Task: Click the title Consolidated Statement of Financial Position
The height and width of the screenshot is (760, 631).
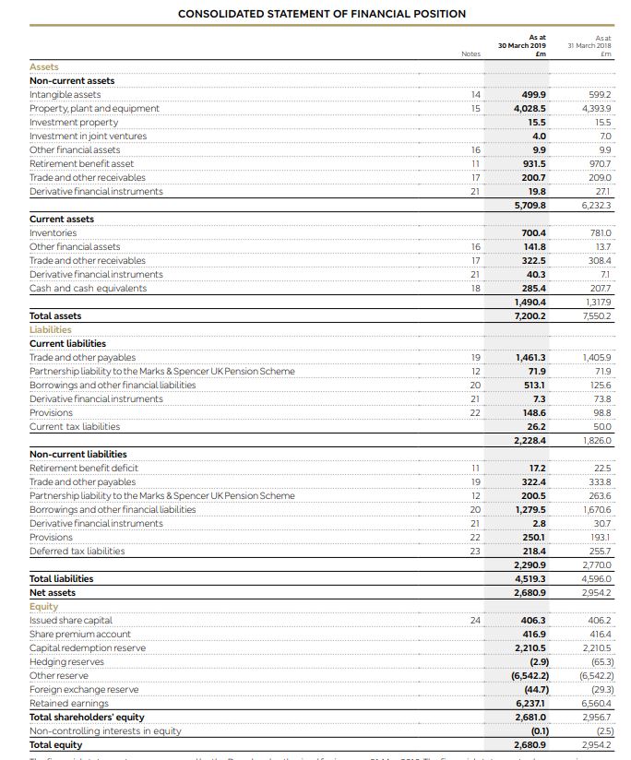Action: pyautogui.click(x=322, y=14)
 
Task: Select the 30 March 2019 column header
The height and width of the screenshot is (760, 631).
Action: pyautogui.click(x=522, y=44)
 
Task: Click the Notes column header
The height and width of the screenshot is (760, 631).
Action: pyautogui.click(x=470, y=53)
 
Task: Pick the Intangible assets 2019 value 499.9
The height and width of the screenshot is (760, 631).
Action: pyautogui.click(x=533, y=95)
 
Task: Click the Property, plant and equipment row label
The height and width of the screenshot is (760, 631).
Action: pyautogui.click(x=94, y=109)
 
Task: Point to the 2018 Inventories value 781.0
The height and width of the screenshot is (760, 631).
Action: pyautogui.click(x=599, y=233)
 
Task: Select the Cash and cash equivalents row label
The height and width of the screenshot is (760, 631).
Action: pyautogui.click(x=88, y=289)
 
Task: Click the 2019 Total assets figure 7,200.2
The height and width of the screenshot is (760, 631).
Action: pyautogui.click(x=529, y=316)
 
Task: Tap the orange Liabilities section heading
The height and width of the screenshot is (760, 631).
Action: pyautogui.click(x=51, y=329)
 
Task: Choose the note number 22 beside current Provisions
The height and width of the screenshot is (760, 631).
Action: pyautogui.click(x=475, y=413)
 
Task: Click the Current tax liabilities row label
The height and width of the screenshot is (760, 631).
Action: pyautogui.click(x=75, y=427)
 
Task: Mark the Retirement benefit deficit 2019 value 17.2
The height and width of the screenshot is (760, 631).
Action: pyautogui.click(x=536, y=469)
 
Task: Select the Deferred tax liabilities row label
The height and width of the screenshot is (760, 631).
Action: pyautogui.click(x=77, y=552)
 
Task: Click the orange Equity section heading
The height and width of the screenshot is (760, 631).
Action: pyautogui.click(x=43, y=606)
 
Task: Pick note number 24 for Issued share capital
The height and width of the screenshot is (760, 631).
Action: pyautogui.click(x=475, y=621)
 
